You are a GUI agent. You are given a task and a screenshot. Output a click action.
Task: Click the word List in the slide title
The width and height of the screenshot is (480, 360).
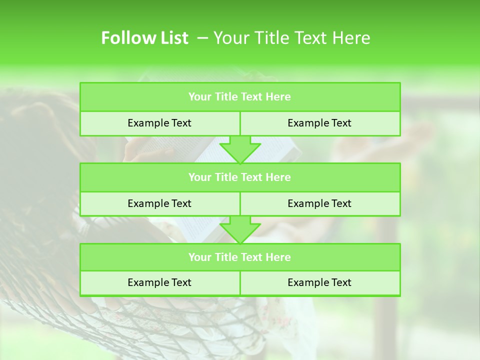point(171,38)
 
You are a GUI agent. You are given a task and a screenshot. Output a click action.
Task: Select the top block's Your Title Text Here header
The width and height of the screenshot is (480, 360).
point(239,97)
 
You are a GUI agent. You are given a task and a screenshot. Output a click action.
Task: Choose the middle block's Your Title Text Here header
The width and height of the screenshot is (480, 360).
point(239,177)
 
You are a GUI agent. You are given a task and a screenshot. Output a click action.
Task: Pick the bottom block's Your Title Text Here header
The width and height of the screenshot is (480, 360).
point(239,257)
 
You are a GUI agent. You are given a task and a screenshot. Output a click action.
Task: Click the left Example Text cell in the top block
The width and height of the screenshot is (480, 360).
point(159,123)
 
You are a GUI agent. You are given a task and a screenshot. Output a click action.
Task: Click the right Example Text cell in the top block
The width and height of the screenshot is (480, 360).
point(319,123)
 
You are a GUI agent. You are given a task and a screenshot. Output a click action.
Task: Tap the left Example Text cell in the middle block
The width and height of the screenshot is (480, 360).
point(159,203)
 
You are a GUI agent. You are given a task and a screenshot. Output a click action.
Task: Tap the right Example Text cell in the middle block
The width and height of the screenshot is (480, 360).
point(319,203)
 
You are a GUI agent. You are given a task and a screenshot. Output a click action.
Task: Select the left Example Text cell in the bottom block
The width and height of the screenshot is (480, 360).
point(159,282)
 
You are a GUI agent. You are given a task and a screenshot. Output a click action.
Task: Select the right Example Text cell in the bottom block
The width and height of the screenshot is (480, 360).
point(319,282)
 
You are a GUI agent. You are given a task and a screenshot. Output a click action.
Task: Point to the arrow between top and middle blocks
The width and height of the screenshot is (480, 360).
point(240,149)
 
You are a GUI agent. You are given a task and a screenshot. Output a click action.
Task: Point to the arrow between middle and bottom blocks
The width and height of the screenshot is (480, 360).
point(240,229)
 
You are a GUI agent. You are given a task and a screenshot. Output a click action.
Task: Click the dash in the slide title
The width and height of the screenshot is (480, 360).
point(203,38)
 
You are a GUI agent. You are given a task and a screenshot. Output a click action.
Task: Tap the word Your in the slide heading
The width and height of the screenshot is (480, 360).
point(229,38)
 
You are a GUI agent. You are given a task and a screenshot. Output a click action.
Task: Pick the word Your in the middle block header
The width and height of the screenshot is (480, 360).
point(200,177)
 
